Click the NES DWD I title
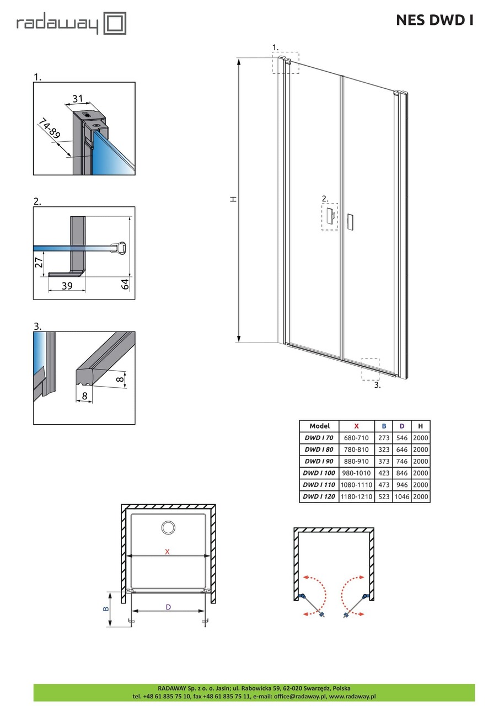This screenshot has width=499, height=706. pos(434,20)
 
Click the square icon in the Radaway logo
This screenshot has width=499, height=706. pos(115,24)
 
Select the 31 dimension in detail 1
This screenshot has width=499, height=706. pos(78,99)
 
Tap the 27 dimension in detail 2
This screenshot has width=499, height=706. pos(39,263)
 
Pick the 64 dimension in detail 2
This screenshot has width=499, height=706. pos(125,284)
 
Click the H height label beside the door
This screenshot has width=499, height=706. pos(234,199)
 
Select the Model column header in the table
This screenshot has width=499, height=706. pos(320,426)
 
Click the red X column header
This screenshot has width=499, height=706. pos(356,426)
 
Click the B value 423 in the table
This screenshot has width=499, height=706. pos(384,473)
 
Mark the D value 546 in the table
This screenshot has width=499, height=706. pos(403,437)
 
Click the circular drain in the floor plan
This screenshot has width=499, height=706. pos(168,527)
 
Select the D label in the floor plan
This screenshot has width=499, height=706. pos(169,607)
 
